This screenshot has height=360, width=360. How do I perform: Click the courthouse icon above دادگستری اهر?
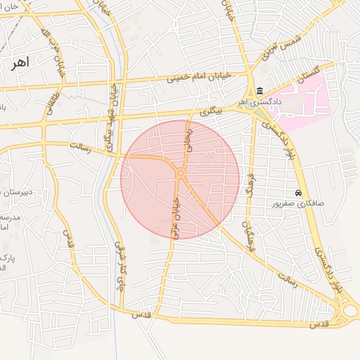click(260, 91)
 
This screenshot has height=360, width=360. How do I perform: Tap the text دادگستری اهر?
click(259, 103)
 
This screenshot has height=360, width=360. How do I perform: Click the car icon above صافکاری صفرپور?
click(300, 193)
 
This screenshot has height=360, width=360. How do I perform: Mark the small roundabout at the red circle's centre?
click(181, 174)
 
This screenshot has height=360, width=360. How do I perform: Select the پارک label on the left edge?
click(7, 259)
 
